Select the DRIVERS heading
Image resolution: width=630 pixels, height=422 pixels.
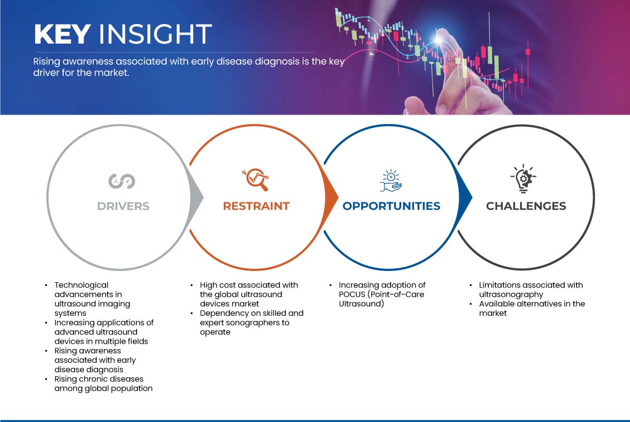[x=123, y=206]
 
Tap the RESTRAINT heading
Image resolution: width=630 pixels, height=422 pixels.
[x=256, y=206]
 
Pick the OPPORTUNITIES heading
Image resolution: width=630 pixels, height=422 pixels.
[x=391, y=206]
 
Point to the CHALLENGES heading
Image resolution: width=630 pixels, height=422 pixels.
[x=526, y=206]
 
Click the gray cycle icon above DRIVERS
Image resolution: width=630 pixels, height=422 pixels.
[x=122, y=181]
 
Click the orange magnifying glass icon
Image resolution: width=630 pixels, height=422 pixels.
[x=256, y=179]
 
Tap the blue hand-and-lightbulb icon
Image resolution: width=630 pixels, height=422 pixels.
[x=391, y=181]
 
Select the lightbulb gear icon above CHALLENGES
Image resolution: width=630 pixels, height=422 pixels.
[x=523, y=178]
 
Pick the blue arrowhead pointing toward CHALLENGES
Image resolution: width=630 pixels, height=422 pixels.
[x=465, y=197]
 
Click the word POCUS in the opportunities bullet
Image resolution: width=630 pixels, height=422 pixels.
[x=352, y=294]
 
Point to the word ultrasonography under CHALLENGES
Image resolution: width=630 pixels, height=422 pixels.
[x=511, y=295]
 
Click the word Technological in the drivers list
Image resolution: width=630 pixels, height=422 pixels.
[x=81, y=285]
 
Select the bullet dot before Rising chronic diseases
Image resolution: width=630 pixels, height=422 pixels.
[x=46, y=379]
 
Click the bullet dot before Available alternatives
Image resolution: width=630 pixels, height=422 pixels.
[x=470, y=304]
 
